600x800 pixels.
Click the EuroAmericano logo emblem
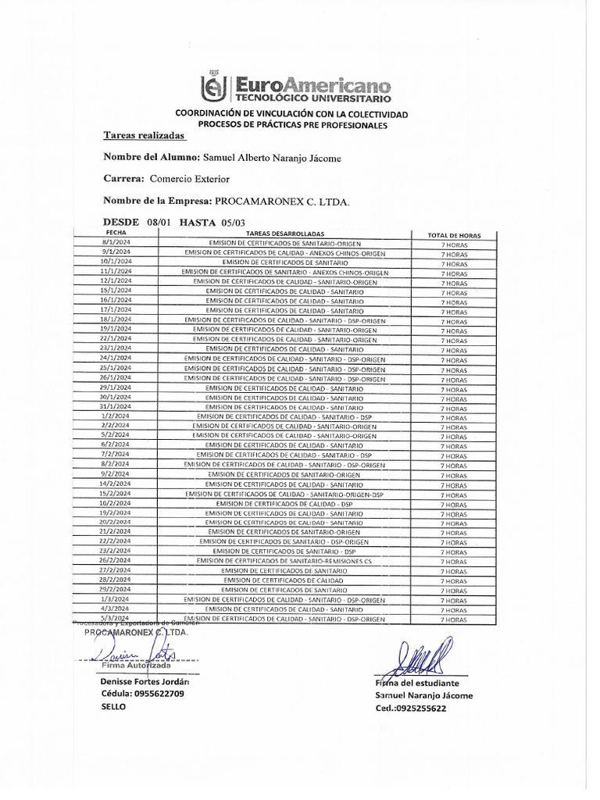pyautogui.click(x=214, y=89)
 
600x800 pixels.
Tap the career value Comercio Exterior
pyautogui.click(x=190, y=179)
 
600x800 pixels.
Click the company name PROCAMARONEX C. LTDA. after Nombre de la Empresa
pyautogui.click(x=283, y=201)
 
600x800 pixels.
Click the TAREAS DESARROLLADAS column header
pyautogui.click(x=284, y=234)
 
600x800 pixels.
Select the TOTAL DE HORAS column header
pyautogui.click(x=454, y=235)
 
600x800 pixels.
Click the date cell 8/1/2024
pyautogui.click(x=116, y=244)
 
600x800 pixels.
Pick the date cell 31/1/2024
pyautogui.click(x=116, y=407)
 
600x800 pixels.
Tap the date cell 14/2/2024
pyautogui.click(x=116, y=484)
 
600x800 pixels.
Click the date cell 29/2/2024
pyautogui.click(x=116, y=590)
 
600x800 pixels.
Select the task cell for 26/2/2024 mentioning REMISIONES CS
pyautogui.click(x=284, y=561)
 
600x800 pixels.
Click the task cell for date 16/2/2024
pyautogui.click(x=284, y=504)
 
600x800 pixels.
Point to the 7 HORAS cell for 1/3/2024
pyautogui.click(x=454, y=600)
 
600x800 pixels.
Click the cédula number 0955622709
pyautogui.click(x=159, y=693)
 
